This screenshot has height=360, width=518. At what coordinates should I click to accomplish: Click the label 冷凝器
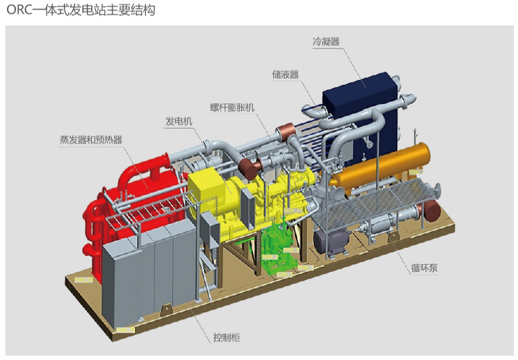pyautogui.click(x=326, y=42)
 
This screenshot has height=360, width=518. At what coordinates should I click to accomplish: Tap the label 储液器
pyautogui.click(x=285, y=74)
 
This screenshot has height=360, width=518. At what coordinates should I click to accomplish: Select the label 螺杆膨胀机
pyautogui.click(x=232, y=107)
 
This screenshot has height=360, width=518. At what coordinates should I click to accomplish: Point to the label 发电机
pyautogui.click(x=179, y=122)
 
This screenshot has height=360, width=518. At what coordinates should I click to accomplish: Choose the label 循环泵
pyautogui.click(x=424, y=268)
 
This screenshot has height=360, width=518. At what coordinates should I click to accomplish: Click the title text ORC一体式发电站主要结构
pyautogui.click(x=81, y=10)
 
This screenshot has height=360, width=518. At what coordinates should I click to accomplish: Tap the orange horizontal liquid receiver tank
pyautogui.click(x=382, y=167)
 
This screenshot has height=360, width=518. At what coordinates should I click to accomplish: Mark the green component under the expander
pyautogui.click(x=280, y=251)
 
